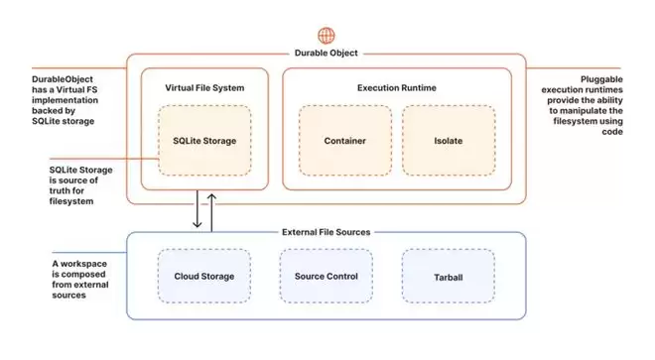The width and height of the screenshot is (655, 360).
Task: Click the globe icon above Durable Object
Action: coord(327,36)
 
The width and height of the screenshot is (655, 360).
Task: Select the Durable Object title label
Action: coord(327,53)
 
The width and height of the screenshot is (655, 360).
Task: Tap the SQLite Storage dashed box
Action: coord(204,140)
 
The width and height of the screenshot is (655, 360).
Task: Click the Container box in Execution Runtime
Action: coord(345,140)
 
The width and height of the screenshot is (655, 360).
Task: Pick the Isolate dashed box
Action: coord(449,140)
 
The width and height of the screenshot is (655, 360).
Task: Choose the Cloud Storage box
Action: coord(204,276)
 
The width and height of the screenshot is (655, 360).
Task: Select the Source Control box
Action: coord(327,276)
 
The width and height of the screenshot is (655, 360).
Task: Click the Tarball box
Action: coord(449,276)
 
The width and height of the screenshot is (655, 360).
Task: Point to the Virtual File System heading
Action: coord(204,87)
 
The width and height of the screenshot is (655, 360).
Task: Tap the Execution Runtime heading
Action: coord(397,87)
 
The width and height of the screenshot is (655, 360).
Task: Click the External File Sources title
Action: coord(327,232)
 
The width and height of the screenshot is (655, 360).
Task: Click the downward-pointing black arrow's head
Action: coord(197,225)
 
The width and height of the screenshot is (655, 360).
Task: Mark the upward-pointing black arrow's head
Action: coord(211,197)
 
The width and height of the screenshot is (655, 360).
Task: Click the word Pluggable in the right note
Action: coord(601,79)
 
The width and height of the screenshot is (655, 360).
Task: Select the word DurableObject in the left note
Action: coord(63,79)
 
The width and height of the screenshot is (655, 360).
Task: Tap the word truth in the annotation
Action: coord(61,190)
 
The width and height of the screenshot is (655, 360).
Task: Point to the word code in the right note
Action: coord(612,132)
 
